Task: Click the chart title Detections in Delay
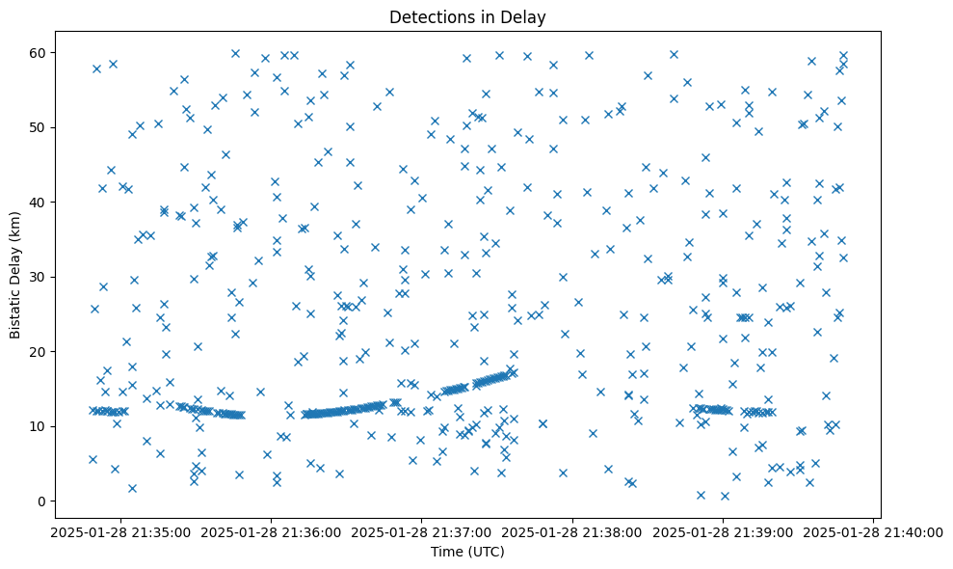[466, 16]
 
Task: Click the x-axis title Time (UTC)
[466, 552]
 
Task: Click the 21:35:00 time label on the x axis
[119, 531]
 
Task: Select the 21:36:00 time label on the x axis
[271, 531]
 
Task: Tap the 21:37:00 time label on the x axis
[421, 531]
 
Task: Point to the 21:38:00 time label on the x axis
[572, 531]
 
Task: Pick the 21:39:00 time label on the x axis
[723, 531]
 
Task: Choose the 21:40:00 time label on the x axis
[873, 531]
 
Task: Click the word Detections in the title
[429, 16]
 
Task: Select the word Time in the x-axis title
[447, 552]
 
